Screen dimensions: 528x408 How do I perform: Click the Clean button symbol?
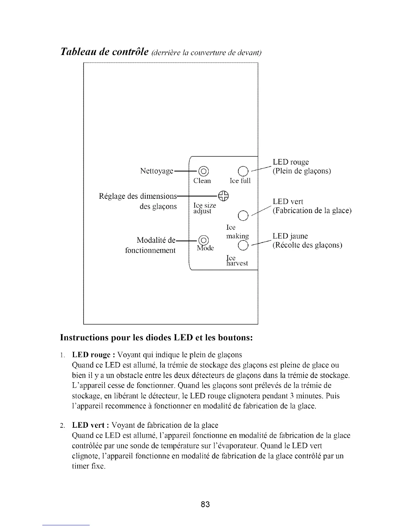coord(203,172)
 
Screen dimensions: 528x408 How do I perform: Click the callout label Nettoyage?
coord(157,171)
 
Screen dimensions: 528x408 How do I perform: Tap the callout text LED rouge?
coord(291,162)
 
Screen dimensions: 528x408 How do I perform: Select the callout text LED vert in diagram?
coord(288,201)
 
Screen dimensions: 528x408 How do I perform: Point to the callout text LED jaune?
coord(290,236)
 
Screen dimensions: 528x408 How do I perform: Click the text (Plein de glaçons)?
coord(302,171)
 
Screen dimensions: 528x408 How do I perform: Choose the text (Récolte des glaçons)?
coord(307,245)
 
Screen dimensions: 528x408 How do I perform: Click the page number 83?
coord(205,504)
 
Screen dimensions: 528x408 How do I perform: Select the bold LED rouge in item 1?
coord(89,354)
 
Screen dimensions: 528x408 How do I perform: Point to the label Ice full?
coord(240,181)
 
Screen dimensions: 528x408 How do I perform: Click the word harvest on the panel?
coord(237,263)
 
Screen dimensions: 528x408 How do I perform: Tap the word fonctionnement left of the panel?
coord(150,250)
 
